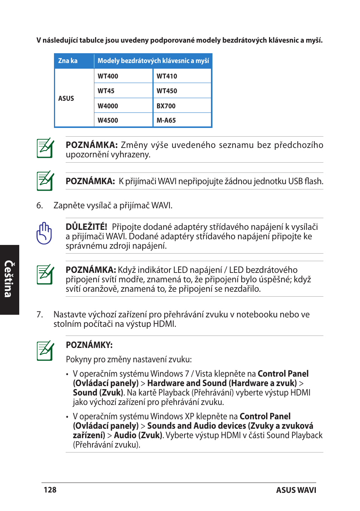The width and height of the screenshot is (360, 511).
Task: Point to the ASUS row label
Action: tap(66, 98)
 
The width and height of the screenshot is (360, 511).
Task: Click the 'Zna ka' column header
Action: tap(68, 60)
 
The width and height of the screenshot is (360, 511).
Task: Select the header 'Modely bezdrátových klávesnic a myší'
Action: tap(153, 60)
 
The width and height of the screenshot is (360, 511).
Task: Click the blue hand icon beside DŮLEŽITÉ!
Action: tap(44, 233)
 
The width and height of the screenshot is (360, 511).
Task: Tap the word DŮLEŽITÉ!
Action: tap(86, 227)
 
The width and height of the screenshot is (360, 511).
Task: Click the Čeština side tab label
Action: tap(9, 279)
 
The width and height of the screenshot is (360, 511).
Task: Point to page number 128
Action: tap(50, 490)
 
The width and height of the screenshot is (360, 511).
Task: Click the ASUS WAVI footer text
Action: tap(296, 490)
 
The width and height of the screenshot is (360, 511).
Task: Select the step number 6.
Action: tap(40, 205)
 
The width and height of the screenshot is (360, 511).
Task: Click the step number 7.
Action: tap(40, 314)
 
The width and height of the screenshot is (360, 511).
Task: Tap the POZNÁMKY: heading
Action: tap(89, 345)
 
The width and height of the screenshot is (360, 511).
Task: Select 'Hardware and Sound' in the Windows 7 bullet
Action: tap(187, 383)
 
